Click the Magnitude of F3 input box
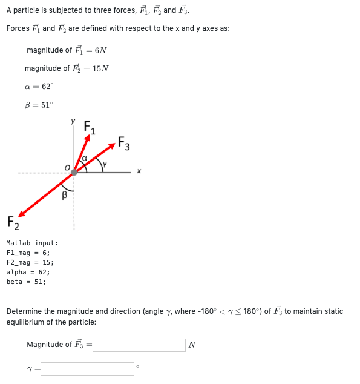139,345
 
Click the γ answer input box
87,369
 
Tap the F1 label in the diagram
89,128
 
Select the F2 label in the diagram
13,222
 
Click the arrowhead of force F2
22,213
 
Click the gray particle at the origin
74,172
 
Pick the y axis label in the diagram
73,122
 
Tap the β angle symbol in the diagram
64,195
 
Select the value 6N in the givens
101,50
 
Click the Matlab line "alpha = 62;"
28,272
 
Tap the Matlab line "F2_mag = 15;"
30,262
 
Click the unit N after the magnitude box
192,345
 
